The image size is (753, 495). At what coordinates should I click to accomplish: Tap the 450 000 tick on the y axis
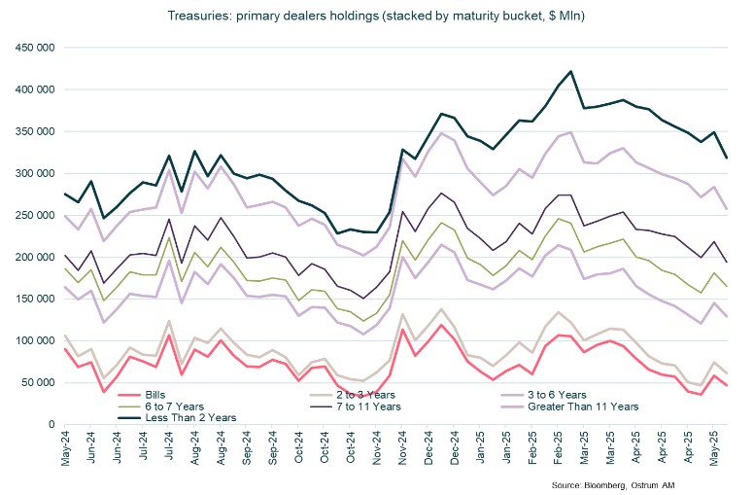click(32, 48)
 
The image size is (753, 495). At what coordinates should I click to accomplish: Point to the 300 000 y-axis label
click(32, 173)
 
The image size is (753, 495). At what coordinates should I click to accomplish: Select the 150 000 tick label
click(32, 299)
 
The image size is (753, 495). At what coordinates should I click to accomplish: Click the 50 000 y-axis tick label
click(35, 382)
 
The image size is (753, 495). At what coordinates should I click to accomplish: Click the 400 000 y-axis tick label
click(32, 89)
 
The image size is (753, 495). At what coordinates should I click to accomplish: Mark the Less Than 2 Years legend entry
click(175, 418)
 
